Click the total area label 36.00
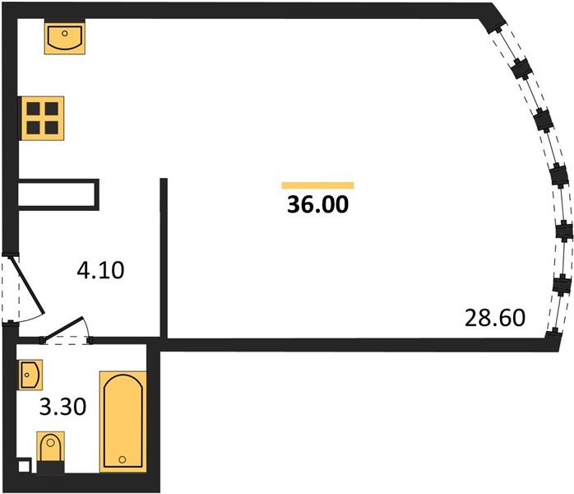[317, 204]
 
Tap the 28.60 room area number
[495, 318]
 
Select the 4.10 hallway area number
[100, 270]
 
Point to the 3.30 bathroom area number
[62, 407]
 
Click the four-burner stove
[43, 119]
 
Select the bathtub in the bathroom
[123, 422]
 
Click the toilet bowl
[50, 446]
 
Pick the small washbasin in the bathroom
[30, 375]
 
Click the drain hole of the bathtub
[123, 459]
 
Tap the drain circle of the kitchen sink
[65, 34]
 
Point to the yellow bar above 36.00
[317, 185]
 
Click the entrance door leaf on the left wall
[28, 285]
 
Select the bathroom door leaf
[64, 327]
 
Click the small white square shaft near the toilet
[25, 466]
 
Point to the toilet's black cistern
[50, 468]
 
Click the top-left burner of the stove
[34, 109]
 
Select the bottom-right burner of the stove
[52, 128]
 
